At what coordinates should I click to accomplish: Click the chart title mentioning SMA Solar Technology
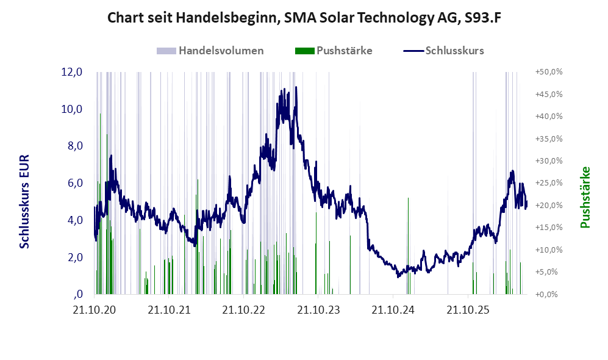coord(304,18)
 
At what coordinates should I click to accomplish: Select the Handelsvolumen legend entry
coord(210,51)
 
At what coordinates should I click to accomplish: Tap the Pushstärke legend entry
coord(334,51)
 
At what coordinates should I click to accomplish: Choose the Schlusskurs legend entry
coord(443,51)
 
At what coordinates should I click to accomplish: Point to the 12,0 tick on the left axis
coord(72,72)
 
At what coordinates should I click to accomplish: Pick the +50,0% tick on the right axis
coord(549,72)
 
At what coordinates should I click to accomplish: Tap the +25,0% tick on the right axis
coord(549,182)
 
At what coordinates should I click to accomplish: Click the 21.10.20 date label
coord(95,310)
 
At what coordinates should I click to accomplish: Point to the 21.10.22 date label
coord(243,310)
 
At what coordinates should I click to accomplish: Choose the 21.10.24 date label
coord(393,310)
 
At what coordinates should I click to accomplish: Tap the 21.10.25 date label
coord(468,310)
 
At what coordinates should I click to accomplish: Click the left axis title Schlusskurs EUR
coord(24,202)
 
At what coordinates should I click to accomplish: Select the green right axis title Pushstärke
coord(585,198)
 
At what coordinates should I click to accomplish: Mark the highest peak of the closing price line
coord(296,87)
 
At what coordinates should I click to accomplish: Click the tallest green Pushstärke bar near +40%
coord(101,204)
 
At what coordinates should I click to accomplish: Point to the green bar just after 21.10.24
coord(408,246)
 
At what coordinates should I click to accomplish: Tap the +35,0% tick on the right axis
coord(549,139)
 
